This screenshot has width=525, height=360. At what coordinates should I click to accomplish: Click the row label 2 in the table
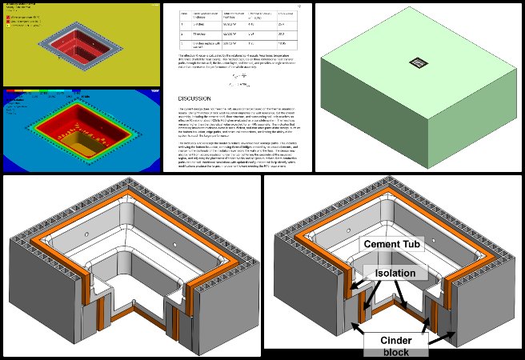pyautogui.click(x=183, y=34)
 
